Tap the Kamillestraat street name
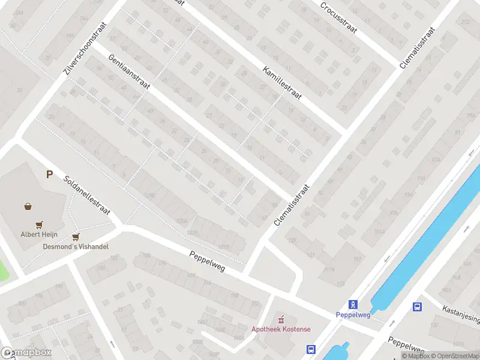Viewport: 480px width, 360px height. (282, 82)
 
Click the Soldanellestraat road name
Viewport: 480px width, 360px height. (86, 195)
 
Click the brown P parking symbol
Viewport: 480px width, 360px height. (50, 175)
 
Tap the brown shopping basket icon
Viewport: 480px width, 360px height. (28, 206)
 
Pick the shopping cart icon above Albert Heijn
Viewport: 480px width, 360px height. (40, 225)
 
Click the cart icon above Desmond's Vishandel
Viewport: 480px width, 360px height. (76, 237)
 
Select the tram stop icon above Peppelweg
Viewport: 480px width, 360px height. (353, 304)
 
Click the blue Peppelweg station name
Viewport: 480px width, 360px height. (353, 314)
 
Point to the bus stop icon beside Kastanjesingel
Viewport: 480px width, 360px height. (417, 307)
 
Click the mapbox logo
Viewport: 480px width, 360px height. (26, 353)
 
